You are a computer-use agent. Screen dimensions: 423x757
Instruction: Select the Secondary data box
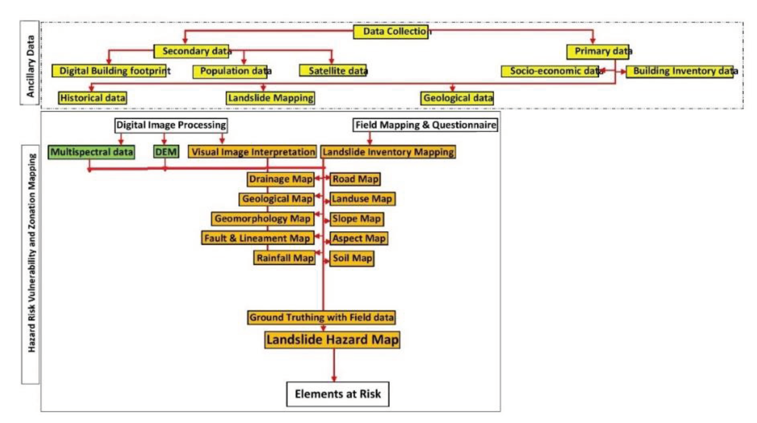192,51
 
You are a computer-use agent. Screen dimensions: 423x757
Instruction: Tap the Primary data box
598,52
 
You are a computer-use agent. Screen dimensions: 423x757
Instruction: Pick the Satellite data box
333,71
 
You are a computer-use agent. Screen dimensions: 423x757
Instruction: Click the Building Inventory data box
679,71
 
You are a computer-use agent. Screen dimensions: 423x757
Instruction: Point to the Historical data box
93,98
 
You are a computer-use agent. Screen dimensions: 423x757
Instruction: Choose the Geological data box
457,98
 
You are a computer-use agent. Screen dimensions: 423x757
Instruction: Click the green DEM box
166,152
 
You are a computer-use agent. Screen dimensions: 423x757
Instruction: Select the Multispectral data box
91,152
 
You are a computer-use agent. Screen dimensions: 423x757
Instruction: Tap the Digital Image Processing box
171,125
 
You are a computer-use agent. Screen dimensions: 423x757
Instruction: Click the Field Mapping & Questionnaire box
425,125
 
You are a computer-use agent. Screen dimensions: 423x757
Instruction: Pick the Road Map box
355,179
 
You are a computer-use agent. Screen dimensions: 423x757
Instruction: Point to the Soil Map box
352,259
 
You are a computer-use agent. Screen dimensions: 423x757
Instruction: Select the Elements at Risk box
337,394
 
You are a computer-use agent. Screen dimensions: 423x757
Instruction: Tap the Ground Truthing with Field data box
321,317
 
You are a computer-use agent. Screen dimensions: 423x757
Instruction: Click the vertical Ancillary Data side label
30,63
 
